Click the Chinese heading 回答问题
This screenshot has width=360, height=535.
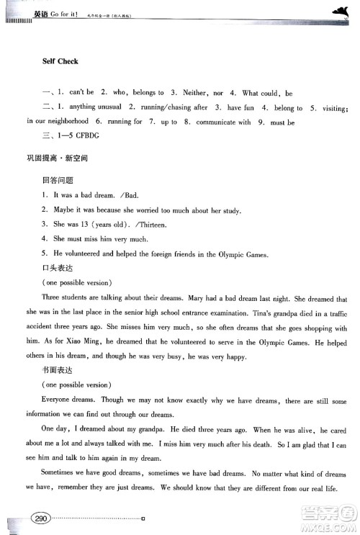tap(58, 181)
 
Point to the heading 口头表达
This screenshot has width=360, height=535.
tap(58, 268)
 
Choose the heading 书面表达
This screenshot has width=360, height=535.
tap(58, 369)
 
